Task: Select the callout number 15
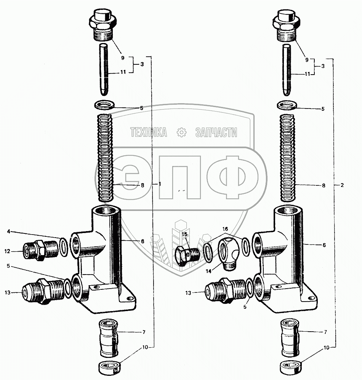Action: tap(184, 234)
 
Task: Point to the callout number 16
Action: tap(225, 228)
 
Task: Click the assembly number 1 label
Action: tap(160, 184)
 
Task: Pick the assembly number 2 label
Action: tap(342, 185)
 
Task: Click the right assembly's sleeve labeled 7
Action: tap(290, 337)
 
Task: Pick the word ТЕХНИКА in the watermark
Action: tap(149, 132)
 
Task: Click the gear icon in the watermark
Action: tap(181, 132)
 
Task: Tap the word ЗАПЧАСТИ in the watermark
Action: tap(216, 132)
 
